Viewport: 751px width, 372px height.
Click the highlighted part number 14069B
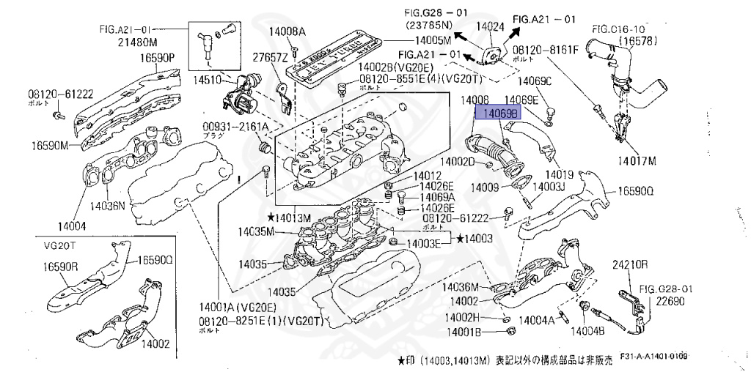click(498, 113)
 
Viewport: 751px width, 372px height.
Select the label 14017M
click(636, 160)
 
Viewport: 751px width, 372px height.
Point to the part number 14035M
click(255, 232)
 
